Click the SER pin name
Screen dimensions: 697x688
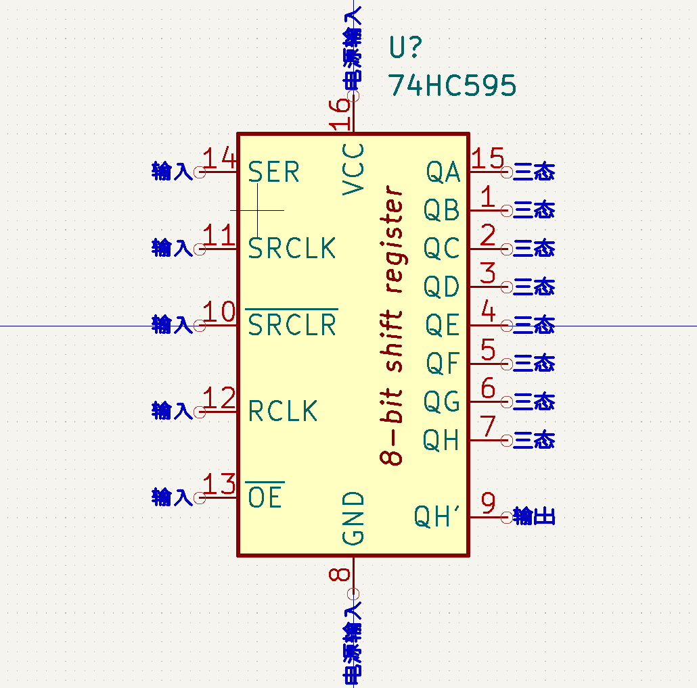pyautogui.click(x=273, y=172)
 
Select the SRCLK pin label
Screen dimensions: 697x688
pyautogui.click(x=292, y=248)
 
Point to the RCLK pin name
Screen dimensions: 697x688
pyautogui.click(x=283, y=411)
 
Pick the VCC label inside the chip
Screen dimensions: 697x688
pyautogui.click(x=353, y=169)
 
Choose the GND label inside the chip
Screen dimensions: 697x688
pyautogui.click(x=353, y=518)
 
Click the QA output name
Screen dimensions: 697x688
pyautogui.click(x=443, y=172)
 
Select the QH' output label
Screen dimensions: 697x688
pyautogui.click(x=436, y=516)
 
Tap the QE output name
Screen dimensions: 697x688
pyautogui.click(x=443, y=325)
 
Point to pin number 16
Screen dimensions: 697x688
pyautogui.click(x=340, y=114)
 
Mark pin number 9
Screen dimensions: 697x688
pyautogui.click(x=488, y=503)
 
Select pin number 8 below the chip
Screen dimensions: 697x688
pyautogui.click(x=340, y=574)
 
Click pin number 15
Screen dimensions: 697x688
pyautogui.click(x=488, y=157)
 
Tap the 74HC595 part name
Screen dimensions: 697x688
pyautogui.click(x=453, y=84)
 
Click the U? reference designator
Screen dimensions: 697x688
pyautogui.click(x=405, y=47)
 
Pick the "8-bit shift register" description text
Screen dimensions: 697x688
pyautogui.click(x=391, y=325)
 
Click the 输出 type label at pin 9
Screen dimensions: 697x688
pyautogui.click(x=534, y=516)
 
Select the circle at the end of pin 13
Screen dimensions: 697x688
pyautogui.click(x=200, y=498)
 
